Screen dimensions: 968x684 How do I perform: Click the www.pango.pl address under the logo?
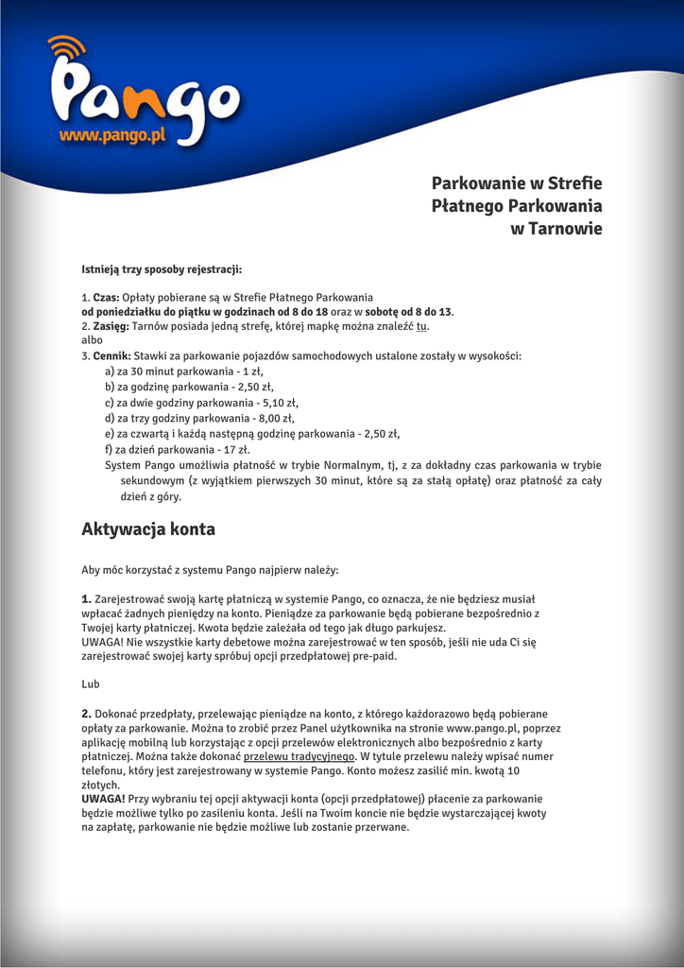coord(112,136)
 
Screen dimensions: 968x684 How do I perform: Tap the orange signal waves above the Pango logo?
coord(67,47)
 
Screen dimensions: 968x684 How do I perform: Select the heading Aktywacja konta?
coord(148,529)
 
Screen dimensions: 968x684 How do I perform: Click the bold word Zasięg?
coord(110,326)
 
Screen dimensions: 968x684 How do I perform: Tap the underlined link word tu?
coord(421,326)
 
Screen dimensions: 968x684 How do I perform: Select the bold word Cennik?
coord(111,356)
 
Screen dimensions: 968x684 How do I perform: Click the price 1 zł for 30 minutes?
coord(249,372)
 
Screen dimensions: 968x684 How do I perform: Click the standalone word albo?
coord(92,340)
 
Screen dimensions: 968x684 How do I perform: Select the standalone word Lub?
coord(91,683)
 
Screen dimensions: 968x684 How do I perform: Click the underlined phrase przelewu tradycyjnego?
coord(299,756)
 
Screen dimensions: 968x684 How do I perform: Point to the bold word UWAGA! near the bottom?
coord(103,799)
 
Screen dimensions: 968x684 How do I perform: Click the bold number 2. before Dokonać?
coord(86,714)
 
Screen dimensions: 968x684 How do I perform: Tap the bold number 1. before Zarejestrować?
coord(86,598)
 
